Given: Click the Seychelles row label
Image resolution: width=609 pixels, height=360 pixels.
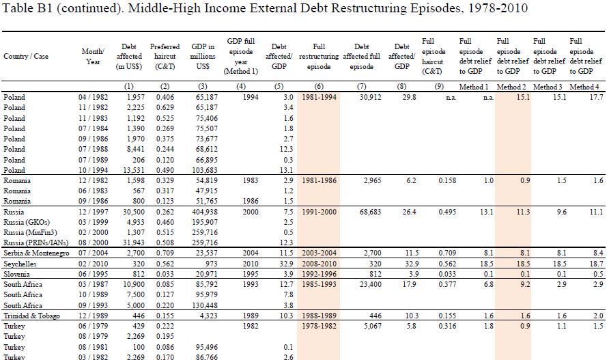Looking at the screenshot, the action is click(20, 264).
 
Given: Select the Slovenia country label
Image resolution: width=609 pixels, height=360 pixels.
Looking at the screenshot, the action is click(16, 274).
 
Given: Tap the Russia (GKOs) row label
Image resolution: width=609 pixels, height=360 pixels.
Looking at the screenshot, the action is click(27, 223).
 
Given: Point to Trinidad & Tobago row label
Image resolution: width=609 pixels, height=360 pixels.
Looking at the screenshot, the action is click(32, 316).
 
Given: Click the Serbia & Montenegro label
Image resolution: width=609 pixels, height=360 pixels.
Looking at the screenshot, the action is click(36, 253).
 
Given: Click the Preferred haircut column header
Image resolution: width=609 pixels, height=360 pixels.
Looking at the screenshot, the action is click(165, 57).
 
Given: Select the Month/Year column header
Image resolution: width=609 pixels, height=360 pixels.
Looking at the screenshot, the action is click(93, 57).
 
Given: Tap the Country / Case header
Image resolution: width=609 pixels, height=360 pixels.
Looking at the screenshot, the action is click(26, 57).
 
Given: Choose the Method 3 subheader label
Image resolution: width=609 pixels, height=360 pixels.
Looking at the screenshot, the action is click(548, 87).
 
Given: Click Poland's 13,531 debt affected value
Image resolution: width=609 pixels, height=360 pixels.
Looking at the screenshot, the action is click(133, 170).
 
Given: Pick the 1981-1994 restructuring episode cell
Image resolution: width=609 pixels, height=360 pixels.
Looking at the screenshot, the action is click(319, 97).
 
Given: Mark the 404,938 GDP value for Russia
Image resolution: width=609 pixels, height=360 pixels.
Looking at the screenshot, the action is click(205, 212).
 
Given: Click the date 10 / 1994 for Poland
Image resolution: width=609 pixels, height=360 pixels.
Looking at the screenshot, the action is click(94, 170).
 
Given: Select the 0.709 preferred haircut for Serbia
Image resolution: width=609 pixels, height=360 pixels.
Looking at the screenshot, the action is click(165, 253).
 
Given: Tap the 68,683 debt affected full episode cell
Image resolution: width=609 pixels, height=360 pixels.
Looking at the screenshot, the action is click(370, 212).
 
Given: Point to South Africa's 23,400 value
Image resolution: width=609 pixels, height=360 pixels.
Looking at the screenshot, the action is click(370, 285).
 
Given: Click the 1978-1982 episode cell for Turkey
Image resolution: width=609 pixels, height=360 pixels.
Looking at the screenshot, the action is click(319, 326).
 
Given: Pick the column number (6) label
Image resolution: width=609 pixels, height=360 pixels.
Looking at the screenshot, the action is click(318, 87).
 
